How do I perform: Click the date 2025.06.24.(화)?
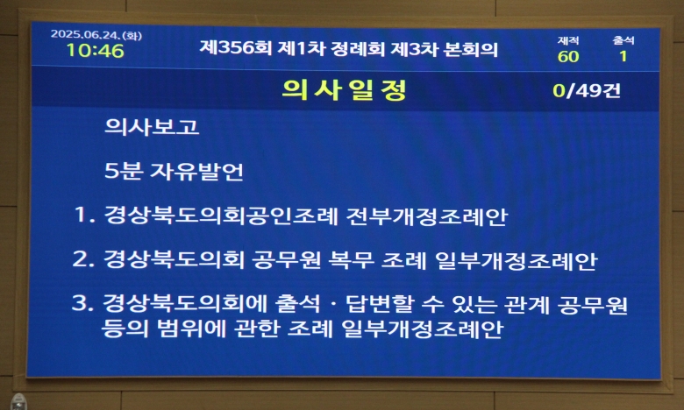click(96, 35)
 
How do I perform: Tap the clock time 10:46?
click(95, 51)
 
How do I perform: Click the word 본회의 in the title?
click(470, 49)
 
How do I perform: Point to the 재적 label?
click(568, 40)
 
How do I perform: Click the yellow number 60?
click(568, 57)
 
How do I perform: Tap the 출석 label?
click(623, 40)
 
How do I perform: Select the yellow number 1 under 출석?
click(623, 56)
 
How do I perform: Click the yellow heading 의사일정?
click(344, 89)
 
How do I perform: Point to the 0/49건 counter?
click(587, 90)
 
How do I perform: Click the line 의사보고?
click(152, 127)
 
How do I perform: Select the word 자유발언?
click(196, 171)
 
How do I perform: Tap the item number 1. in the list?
click(85, 215)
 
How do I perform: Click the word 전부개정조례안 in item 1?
click(427, 216)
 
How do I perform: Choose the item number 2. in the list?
click(83, 258)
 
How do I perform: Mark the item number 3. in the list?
click(83, 303)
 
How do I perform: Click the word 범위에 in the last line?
click(190, 329)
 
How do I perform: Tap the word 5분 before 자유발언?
click(124, 171)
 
